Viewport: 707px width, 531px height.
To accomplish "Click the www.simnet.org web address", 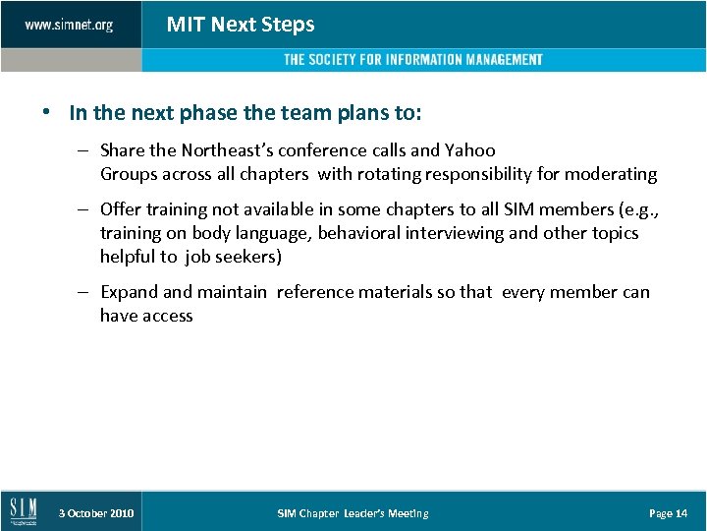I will tap(69, 25).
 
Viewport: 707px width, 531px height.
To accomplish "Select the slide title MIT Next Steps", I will tap(241, 25).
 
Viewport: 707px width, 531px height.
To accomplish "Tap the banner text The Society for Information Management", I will tap(412, 60).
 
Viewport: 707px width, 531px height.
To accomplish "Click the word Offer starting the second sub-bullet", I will tap(121, 209).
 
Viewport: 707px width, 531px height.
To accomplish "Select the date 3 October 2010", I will tap(96, 513).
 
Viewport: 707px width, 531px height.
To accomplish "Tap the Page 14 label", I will tap(668, 513).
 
